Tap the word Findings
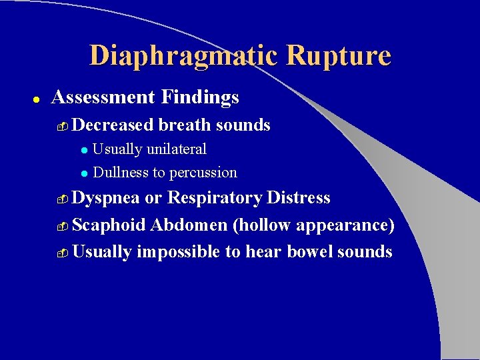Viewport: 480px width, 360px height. pyautogui.click(x=199, y=98)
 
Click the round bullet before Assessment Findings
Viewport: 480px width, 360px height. pyautogui.click(x=38, y=99)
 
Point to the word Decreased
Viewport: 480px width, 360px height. pyautogui.click(x=113, y=125)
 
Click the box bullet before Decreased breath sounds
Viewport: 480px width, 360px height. pyautogui.click(x=63, y=126)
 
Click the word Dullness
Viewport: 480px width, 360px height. pyautogui.click(x=121, y=173)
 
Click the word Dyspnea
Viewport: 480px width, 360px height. pyautogui.click(x=106, y=199)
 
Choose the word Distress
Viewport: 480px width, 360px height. pyautogui.click(x=298, y=198)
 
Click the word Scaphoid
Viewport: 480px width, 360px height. pyautogui.click(x=109, y=225)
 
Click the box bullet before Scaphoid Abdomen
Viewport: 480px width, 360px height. pyautogui.click(x=63, y=227)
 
